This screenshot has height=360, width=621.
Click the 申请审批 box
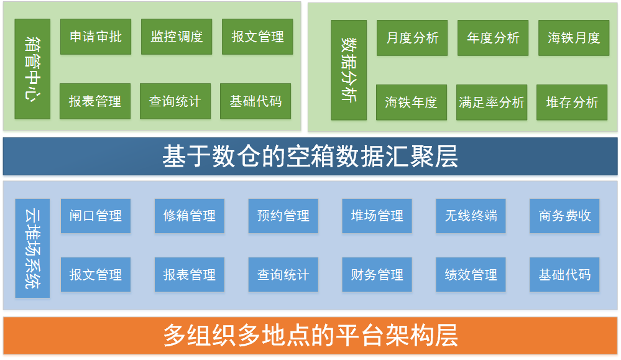[95, 37]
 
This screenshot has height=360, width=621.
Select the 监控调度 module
[177, 37]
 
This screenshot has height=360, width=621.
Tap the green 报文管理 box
[257, 37]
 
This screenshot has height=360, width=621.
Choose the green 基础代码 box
[255, 101]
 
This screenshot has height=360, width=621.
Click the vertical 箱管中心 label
[32, 69]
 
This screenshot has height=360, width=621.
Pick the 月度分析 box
[412, 38]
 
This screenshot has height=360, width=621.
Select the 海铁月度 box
[574, 38]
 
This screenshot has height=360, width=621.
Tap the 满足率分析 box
[492, 102]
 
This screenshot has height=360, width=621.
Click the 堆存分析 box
[572, 102]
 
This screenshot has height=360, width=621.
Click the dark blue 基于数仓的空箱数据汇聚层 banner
[310, 157]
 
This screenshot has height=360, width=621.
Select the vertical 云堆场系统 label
[32, 248]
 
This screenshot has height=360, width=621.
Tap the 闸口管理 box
[96, 216]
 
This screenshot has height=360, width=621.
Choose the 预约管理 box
[283, 216]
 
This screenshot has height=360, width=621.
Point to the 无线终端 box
[471, 216]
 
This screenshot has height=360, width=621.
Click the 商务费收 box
[564, 216]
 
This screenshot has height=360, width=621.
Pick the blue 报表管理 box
[190, 274]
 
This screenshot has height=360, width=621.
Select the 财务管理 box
[377, 274]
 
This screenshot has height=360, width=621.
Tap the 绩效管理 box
[471, 274]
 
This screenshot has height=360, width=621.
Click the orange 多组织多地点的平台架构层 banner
[310, 335]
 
